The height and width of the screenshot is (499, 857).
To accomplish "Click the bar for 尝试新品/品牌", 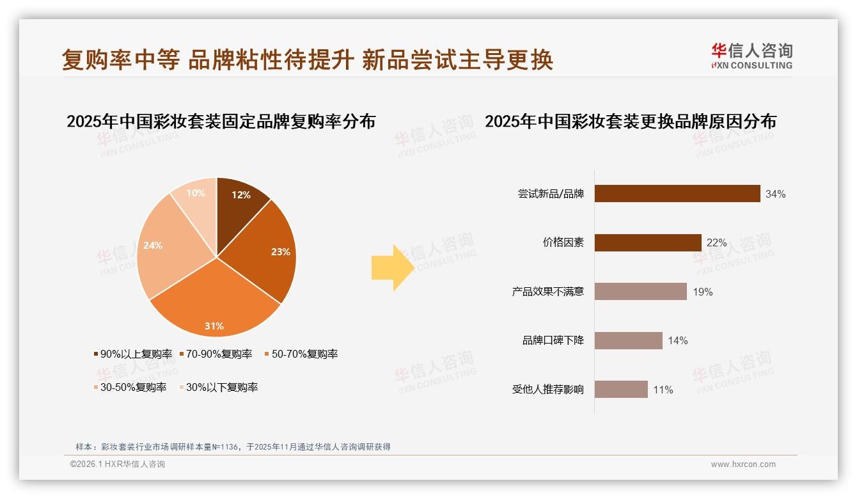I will click(x=677, y=194).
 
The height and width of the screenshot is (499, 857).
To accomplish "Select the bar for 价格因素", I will click(x=648, y=243).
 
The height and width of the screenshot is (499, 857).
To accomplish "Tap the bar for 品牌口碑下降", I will click(x=628, y=341).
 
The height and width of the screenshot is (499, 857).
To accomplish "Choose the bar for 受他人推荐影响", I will click(x=621, y=390).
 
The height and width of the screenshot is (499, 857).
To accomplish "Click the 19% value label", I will click(x=702, y=292).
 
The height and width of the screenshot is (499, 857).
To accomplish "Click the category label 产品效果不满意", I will click(x=547, y=292).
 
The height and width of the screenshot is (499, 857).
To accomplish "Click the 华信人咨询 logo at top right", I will click(x=751, y=56).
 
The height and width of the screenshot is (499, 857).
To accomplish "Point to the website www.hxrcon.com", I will click(x=743, y=464).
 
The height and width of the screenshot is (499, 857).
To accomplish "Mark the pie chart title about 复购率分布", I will click(x=221, y=122).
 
